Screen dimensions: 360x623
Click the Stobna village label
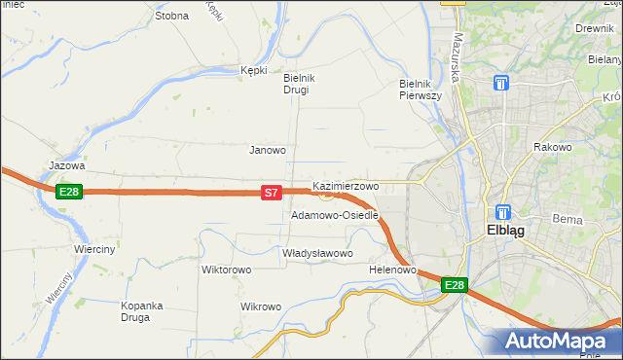tap(171, 16)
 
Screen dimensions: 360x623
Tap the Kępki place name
tap(253, 70)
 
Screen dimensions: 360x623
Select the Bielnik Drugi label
tap(296, 84)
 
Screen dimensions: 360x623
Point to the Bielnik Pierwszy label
tap(421, 90)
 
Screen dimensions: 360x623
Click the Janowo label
tap(268, 150)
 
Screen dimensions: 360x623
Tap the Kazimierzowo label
tap(346, 185)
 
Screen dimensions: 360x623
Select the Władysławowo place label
tap(316, 253)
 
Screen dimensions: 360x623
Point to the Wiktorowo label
tap(227, 270)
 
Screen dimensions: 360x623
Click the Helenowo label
tap(393, 270)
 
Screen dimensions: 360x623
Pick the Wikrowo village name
tap(260, 306)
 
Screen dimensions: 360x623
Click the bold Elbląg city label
tap(506, 232)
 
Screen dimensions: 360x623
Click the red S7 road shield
tap(273, 194)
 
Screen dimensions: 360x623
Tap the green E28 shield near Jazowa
tap(68, 192)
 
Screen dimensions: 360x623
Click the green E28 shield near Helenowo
tap(455, 285)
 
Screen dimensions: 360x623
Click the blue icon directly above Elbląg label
tap(503, 211)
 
